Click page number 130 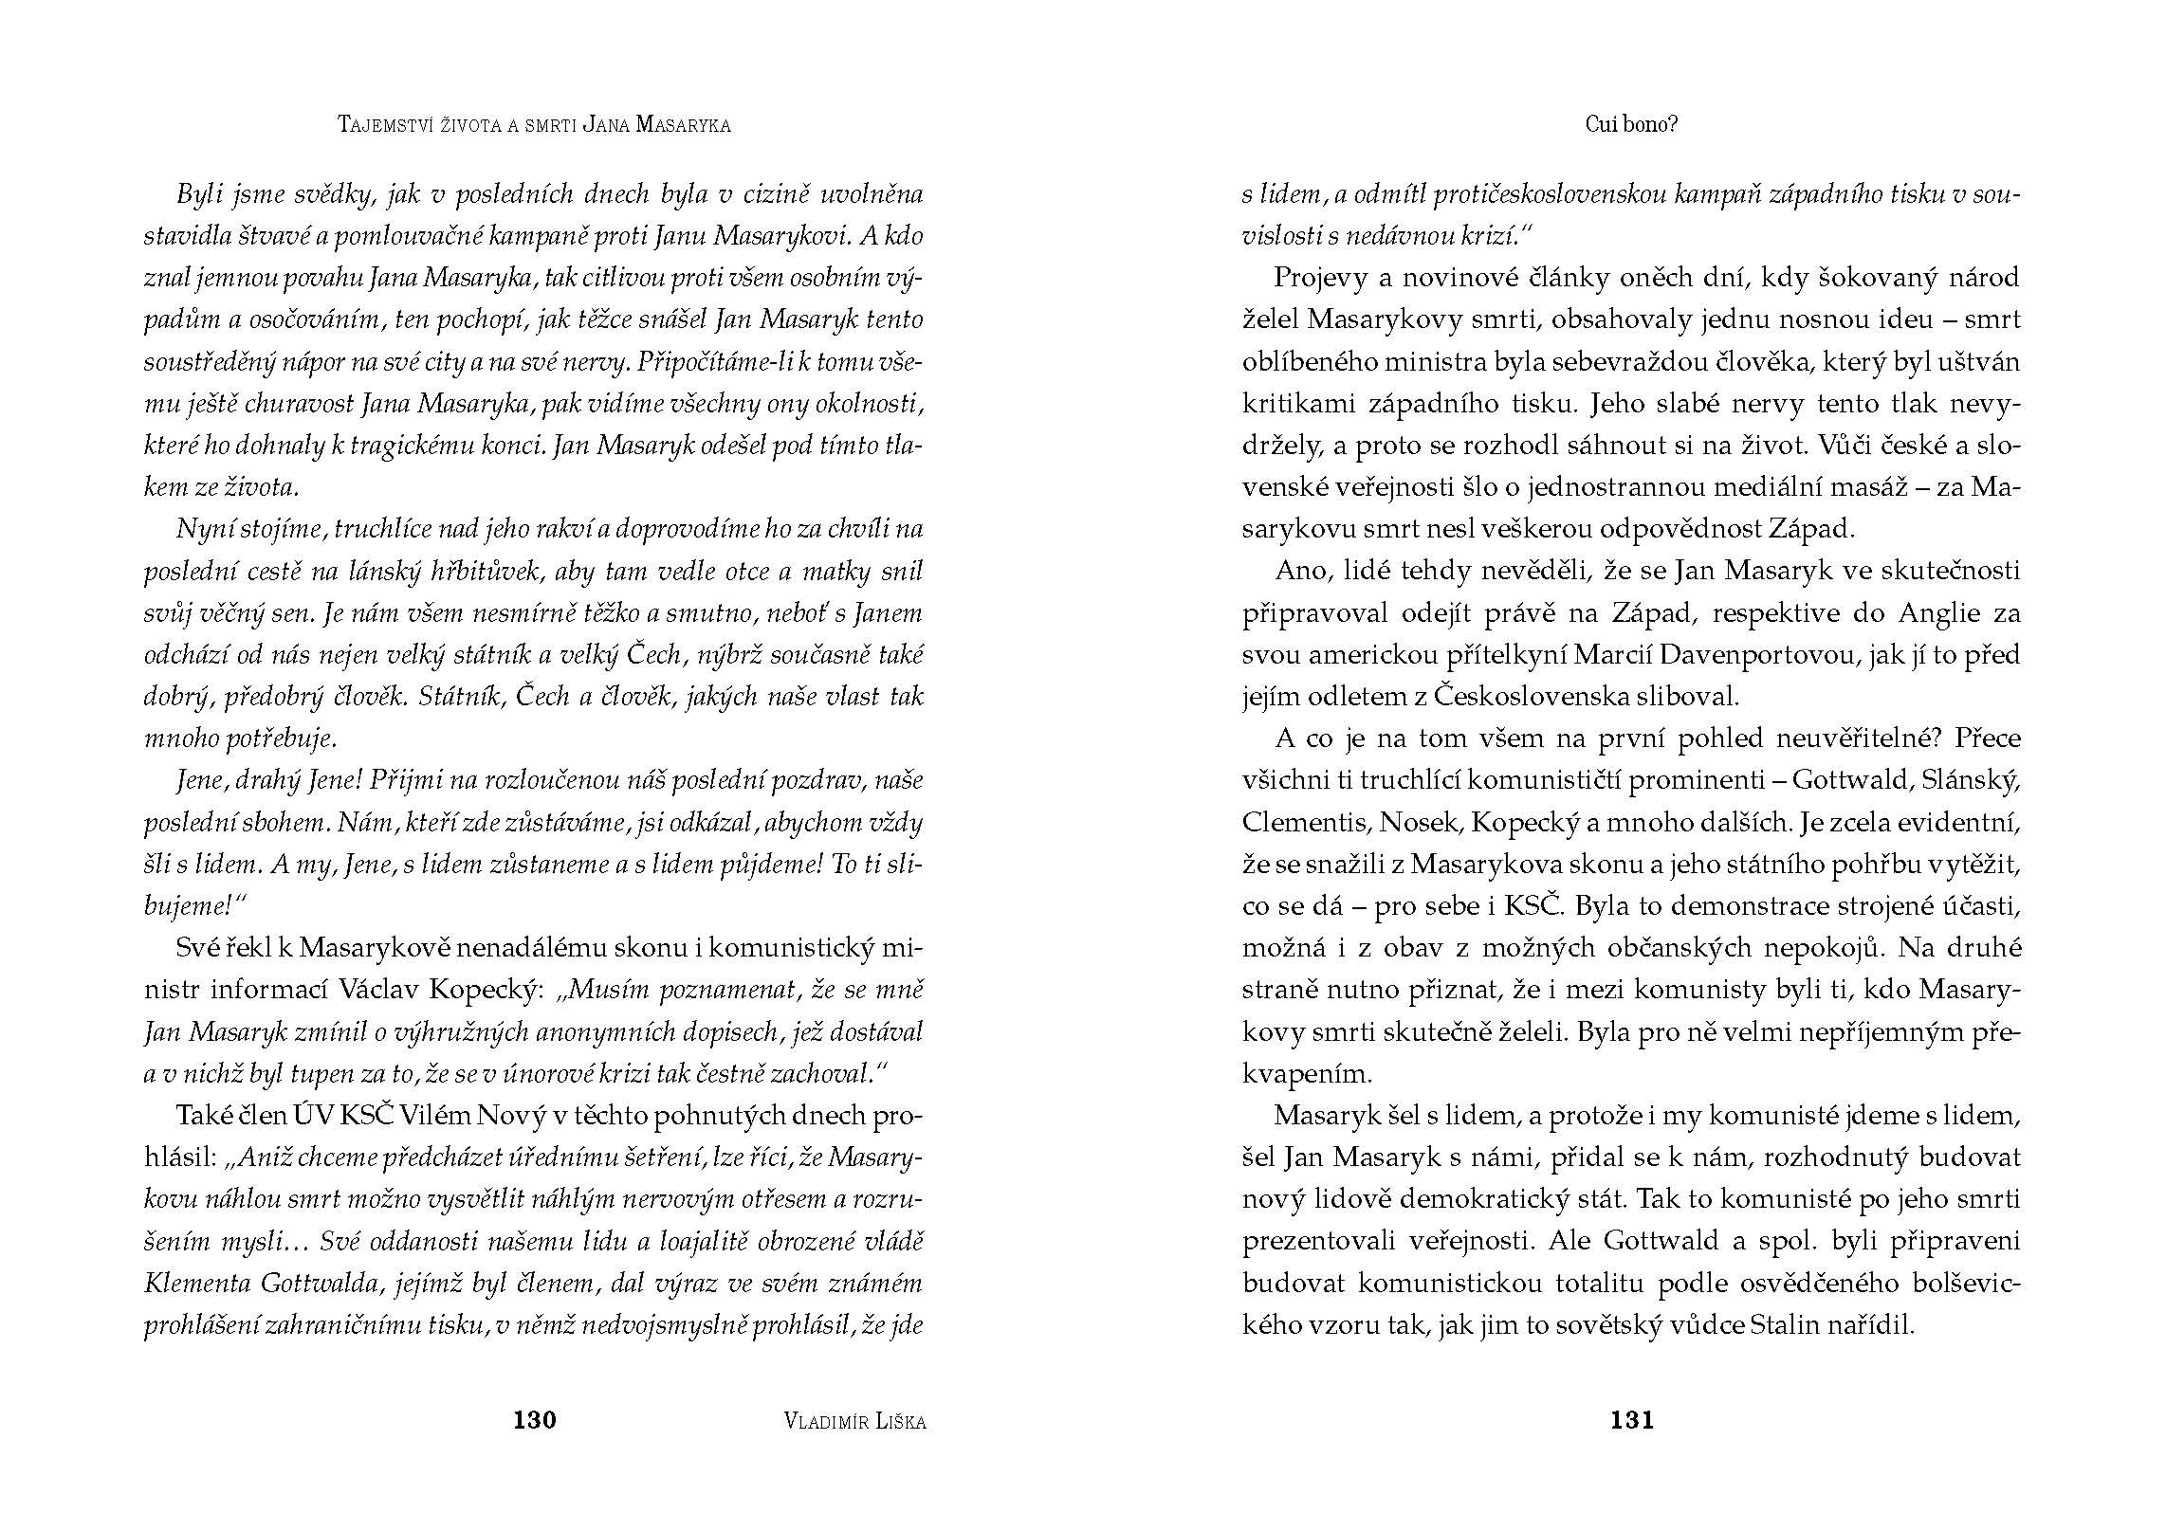(534, 1419)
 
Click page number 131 (1631, 1419)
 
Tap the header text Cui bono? (1631, 124)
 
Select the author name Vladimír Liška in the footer (855, 1420)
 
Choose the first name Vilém (434, 1116)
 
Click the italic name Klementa (196, 1284)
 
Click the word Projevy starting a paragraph (1321, 278)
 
